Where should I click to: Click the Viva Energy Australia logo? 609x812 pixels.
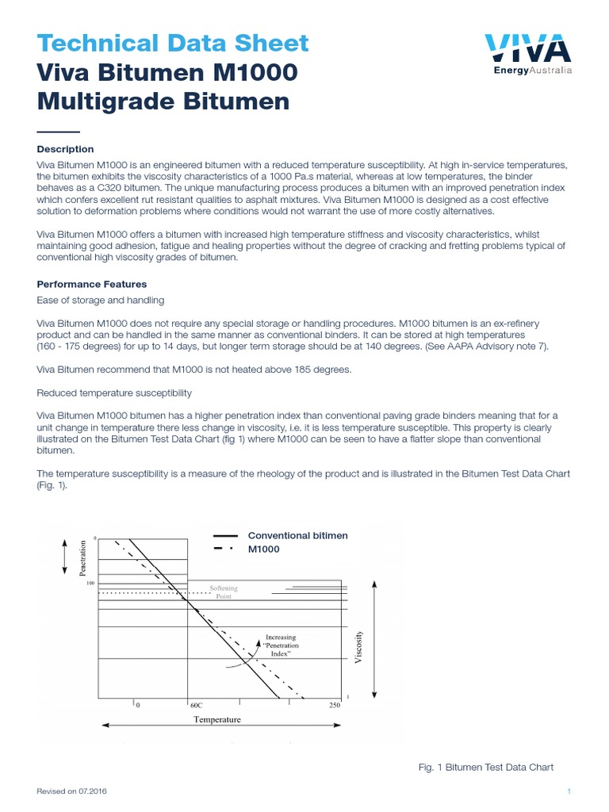pyautogui.click(x=528, y=54)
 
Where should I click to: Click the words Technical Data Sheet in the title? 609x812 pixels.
pyautogui.click(x=173, y=43)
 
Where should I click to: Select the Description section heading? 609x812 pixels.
pyautogui.click(x=66, y=149)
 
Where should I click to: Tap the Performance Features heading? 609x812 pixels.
pyautogui.click(x=92, y=284)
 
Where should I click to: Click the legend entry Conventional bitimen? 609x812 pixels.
pyautogui.click(x=298, y=536)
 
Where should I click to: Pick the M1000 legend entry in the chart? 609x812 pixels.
pyautogui.click(x=264, y=550)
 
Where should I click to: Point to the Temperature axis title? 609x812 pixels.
pyautogui.click(x=217, y=719)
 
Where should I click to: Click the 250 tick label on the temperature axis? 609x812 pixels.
pyautogui.click(x=334, y=705)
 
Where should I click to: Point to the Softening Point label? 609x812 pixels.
pyautogui.click(x=223, y=592)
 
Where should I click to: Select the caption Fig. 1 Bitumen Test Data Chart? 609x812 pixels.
pyautogui.click(x=485, y=767)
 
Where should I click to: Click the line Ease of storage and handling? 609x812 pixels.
pyautogui.click(x=101, y=300)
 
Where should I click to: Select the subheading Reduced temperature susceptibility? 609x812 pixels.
pyautogui.click(x=114, y=393)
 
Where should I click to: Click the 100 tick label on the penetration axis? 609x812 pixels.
pyautogui.click(x=90, y=583)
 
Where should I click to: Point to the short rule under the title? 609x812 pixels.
pyautogui.click(x=59, y=132)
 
